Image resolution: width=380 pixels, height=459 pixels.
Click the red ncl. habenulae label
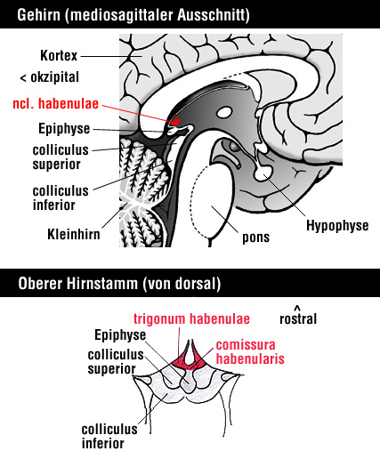pyautogui.click(x=55, y=104)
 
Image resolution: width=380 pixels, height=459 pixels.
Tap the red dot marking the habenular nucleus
pyautogui.click(x=176, y=121)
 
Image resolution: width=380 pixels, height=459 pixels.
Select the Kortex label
pyautogui.click(x=59, y=55)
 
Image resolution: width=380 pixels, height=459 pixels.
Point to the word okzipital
pyautogui.click(x=55, y=77)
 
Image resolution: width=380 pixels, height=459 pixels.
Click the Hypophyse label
pyautogui.click(x=337, y=226)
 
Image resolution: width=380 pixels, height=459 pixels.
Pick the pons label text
pyautogui.click(x=255, y=238)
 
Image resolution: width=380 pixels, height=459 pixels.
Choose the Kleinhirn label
pyautogui.click(x=74, y=234)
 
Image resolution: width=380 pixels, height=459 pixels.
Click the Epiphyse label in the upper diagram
pyautogui.click(x=64, y=129)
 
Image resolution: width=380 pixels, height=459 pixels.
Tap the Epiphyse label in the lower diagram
pyautogui.click(x=120, y=335)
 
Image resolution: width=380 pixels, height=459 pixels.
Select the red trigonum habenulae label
pyautogui.click(x=191, y=318)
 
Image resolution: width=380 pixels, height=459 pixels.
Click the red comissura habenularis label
pyautogui.click(x=250, y=352)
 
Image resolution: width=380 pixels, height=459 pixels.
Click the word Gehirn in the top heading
pyautogui.click(x=38, y=15)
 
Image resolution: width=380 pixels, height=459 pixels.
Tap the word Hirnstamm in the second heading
pyautogui.click(x=102, y=283)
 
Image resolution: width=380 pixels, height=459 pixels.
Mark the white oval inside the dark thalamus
pyautogui.click(x=224, y=112)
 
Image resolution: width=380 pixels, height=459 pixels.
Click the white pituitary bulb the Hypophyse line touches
pyautogui.click(x=263, y=173)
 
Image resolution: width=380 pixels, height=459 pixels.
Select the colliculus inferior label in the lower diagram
pyautogui.click(x=109, y=436)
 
